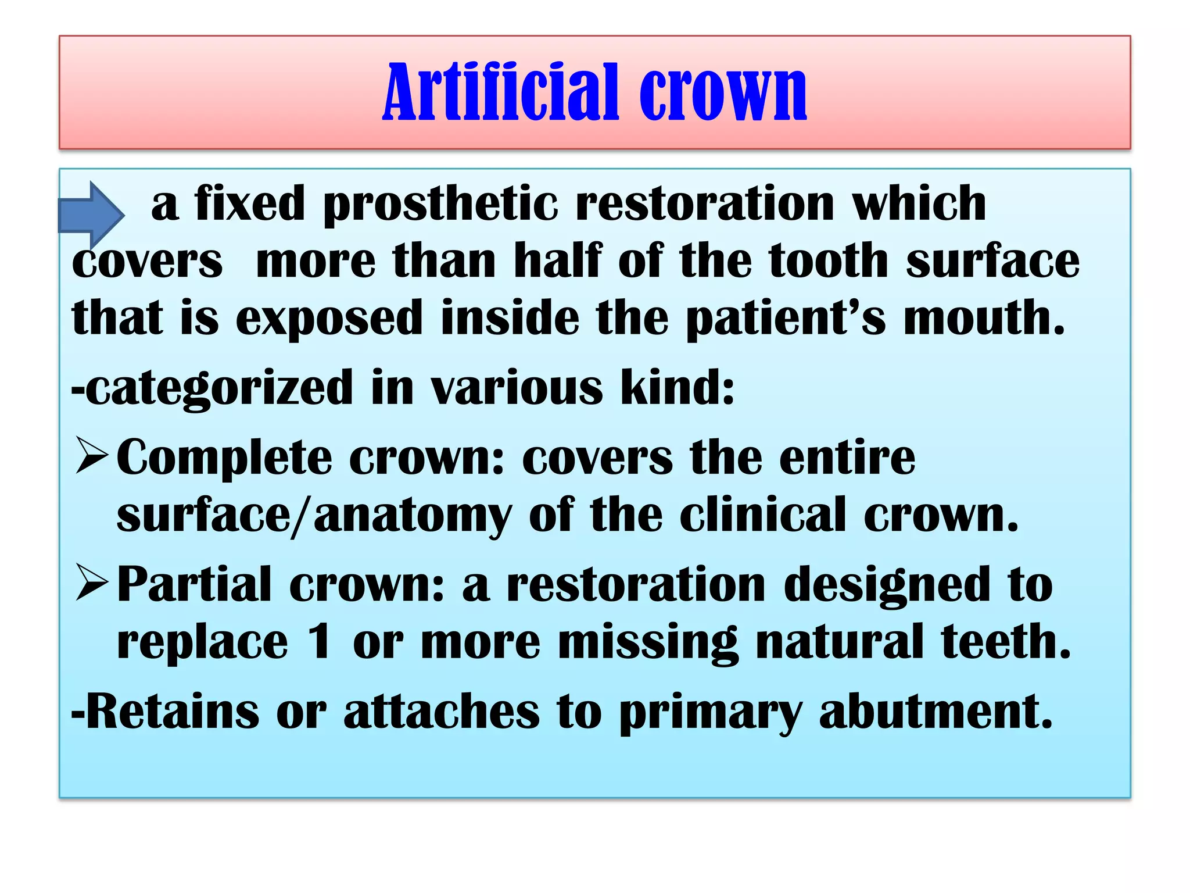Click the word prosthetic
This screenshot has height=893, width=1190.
(440, 205)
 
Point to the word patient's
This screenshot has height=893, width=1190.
(786, 319)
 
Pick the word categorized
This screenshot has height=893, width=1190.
(212, 388)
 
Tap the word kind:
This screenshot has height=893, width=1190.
(677, 388)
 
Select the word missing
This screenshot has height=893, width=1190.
(648, 644)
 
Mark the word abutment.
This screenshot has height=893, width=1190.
(935, 712)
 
